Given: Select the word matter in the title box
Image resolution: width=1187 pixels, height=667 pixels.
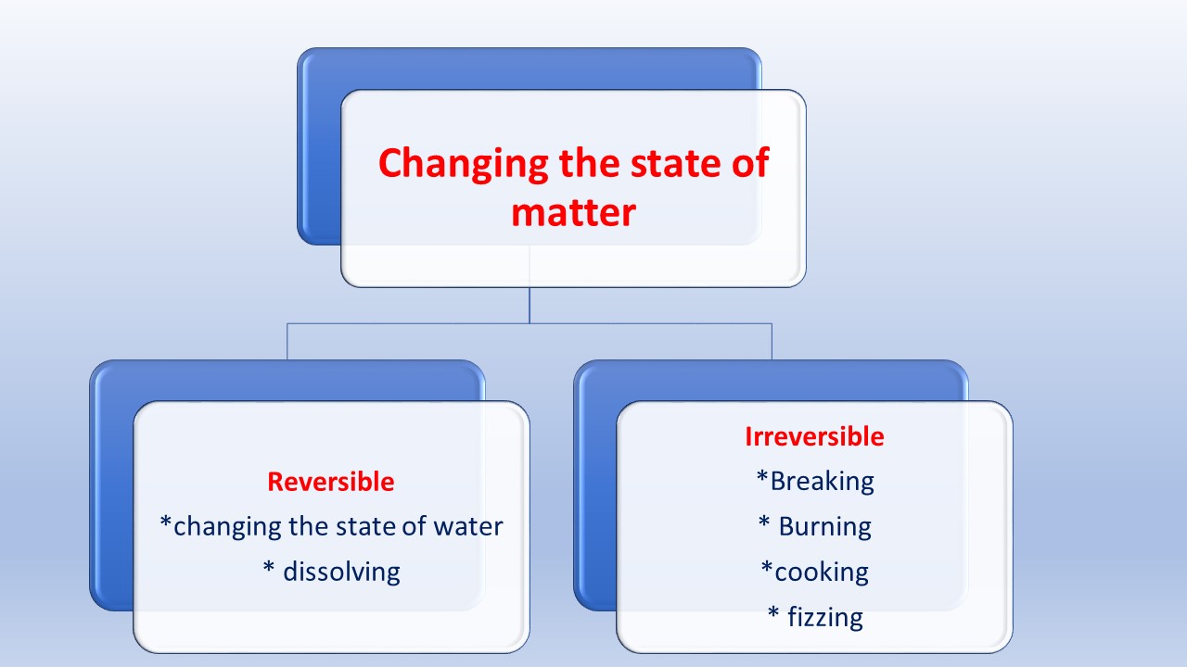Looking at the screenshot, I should click(x=573, y=212).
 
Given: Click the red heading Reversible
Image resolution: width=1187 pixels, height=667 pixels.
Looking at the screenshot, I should click(x=330, y=482).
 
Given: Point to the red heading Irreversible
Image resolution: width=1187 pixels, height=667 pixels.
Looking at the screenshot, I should click(x=814, y=436).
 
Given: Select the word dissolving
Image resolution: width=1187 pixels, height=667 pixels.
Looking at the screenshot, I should click(x=341, y=572).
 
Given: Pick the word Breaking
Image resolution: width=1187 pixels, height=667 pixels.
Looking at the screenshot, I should click(x=822, y=481).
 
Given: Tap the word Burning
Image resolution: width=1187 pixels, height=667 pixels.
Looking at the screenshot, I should click(x=824, y=526).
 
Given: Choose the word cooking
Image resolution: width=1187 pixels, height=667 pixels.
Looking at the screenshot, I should click(x=822, y=572).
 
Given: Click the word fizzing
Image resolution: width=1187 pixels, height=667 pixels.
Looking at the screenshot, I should click(x=825, y=616).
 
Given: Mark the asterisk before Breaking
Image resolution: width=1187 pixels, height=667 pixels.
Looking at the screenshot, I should click(x=762, y=478).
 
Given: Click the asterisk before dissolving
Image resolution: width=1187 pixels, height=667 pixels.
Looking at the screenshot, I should click(x=269, y=568).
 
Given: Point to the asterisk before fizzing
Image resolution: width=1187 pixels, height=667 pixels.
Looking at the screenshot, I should click(x=772, y=613).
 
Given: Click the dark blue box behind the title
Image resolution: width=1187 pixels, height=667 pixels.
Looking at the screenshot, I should click(x=319, y=148).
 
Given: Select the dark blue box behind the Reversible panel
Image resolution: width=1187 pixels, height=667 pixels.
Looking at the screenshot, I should click(x=111, y=491).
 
